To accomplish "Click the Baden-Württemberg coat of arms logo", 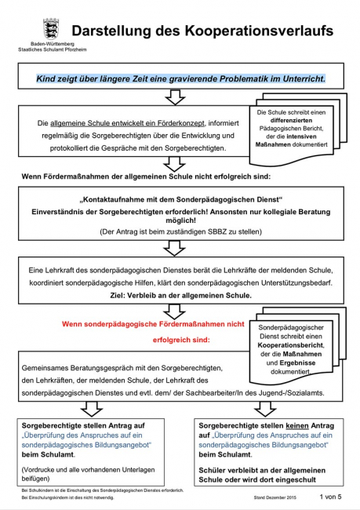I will point(49,27).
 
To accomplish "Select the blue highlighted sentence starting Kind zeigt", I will point(180,79).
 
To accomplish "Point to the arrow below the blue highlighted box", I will point(176,97).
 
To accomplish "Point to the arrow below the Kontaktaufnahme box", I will point(176,250).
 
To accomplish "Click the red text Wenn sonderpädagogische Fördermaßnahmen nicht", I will point(153,322).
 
